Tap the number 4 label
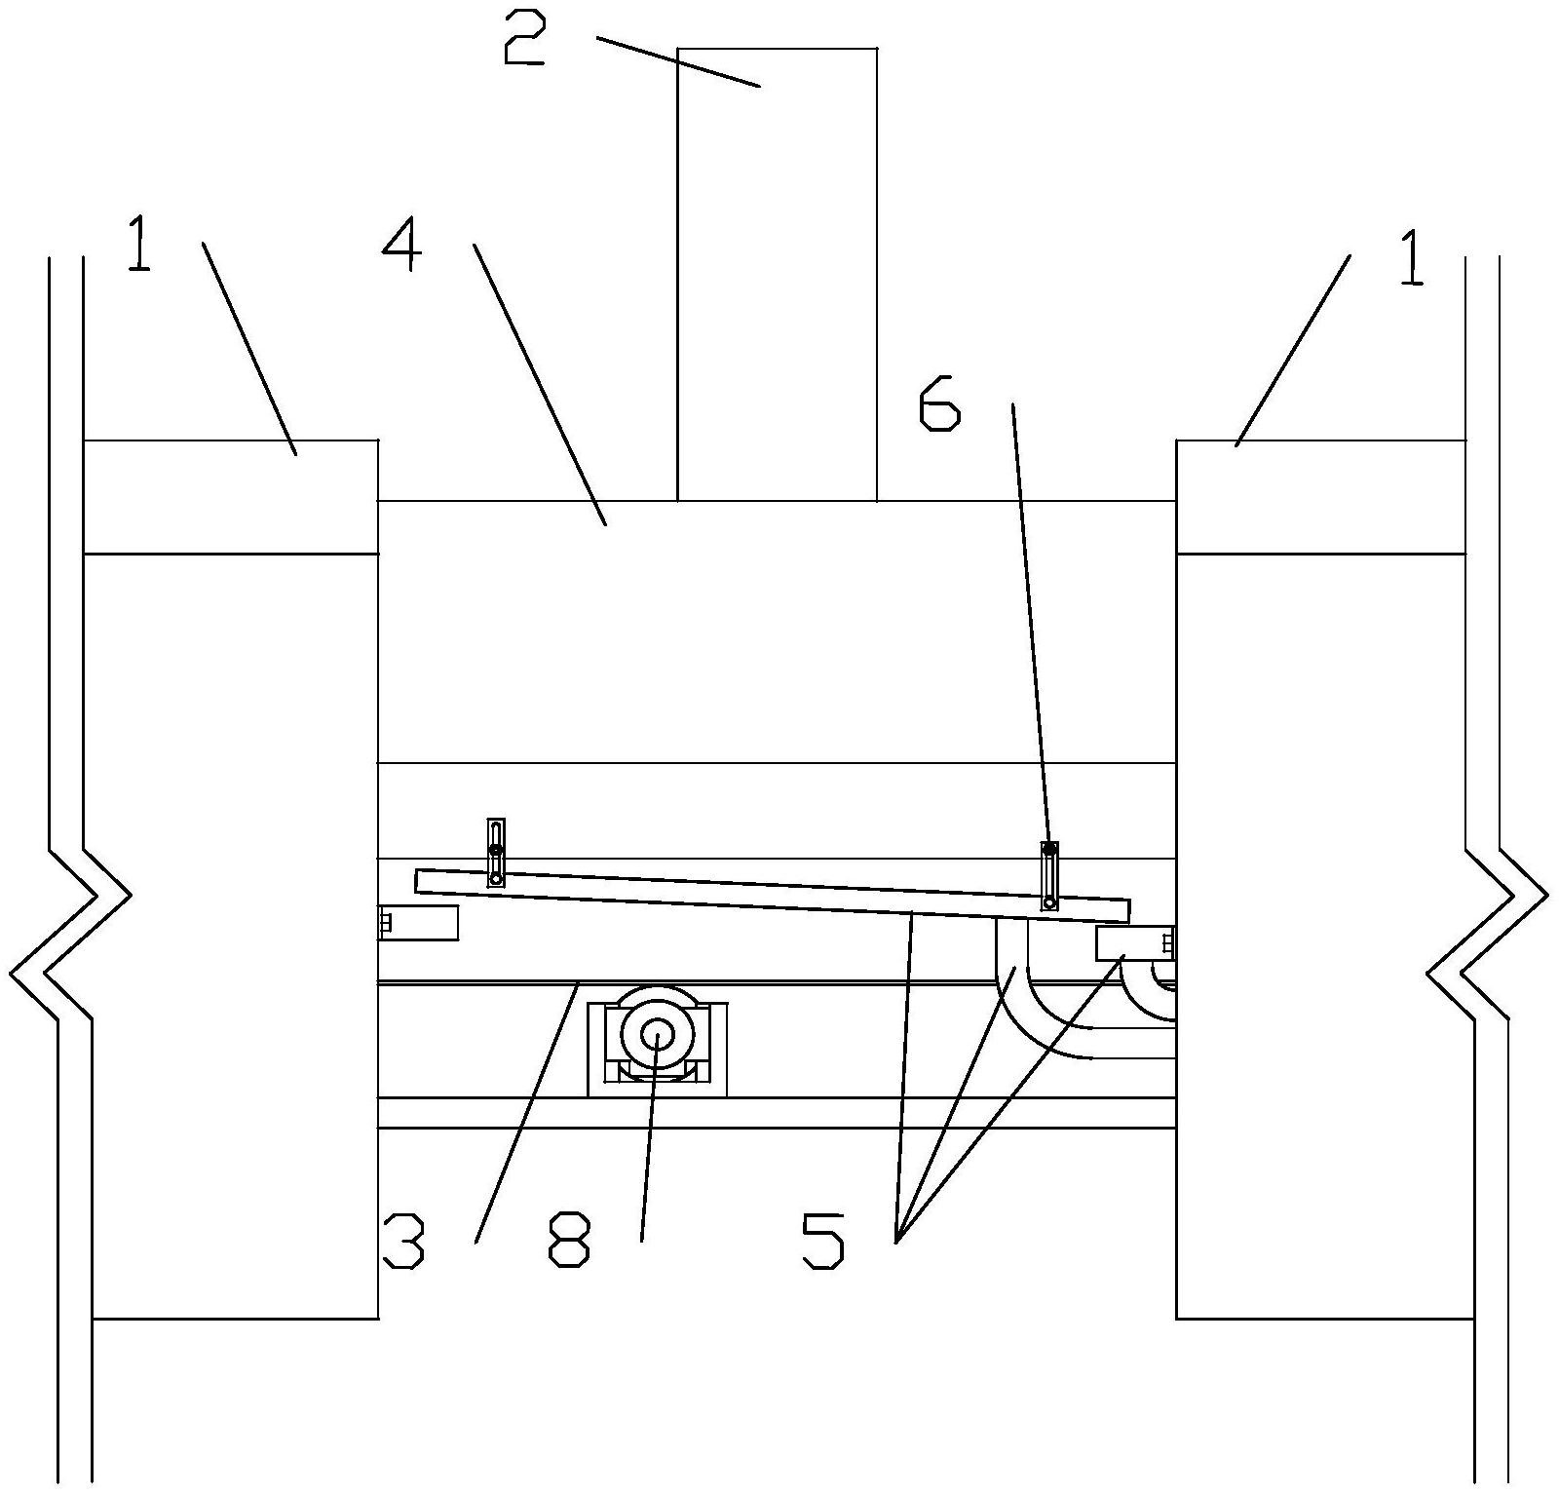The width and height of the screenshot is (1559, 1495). pyautogui.click(x=402, y=243)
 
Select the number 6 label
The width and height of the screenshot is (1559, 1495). pyautogui.click(x=939, y=405)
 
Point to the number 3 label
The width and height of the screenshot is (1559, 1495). pyautogui.click(x=403, y=1241)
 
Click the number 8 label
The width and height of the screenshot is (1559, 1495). pyautogui.click(x=570, y=1241)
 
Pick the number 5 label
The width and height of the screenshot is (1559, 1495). pyautogui.click(x=823, y=1241)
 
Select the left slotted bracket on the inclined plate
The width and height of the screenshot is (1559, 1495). pyautogui.click(x=496, y=852)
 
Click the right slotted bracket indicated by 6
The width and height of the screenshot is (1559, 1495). pyautogui.click(x=1049, y=875)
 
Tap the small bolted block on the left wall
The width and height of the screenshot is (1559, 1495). pyautogui.click(x=418, y=922)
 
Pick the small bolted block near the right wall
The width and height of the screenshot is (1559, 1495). pyautogui.click(x=1134, y=942)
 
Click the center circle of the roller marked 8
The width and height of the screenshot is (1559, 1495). pyautogui.click(x=658, y=1034)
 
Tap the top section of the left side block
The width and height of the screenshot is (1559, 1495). pyautogui.click(x=230, y=497)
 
